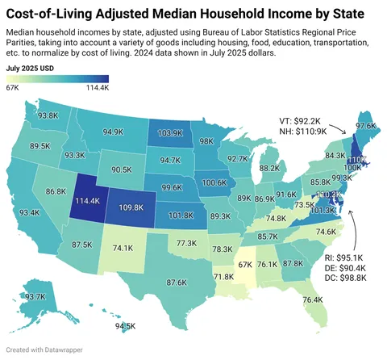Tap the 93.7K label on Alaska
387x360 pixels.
click(35, 297)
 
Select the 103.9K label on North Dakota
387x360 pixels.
click(170, 132)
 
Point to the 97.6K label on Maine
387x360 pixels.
click(366, 126)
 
